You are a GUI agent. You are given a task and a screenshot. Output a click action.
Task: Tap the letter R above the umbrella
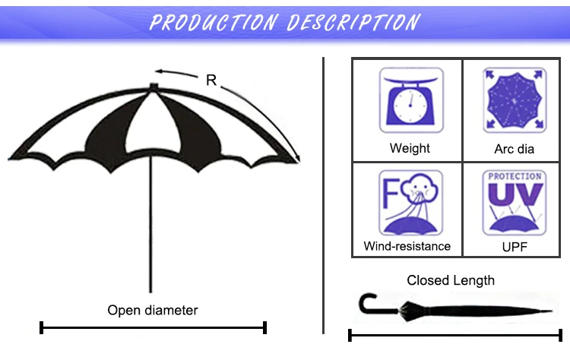pos(211,80)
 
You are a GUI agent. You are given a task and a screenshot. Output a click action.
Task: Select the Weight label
pos(409,148)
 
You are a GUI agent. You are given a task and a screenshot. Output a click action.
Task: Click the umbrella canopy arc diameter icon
pos(515,100)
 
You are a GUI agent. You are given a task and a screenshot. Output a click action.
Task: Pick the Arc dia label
pos(515,149)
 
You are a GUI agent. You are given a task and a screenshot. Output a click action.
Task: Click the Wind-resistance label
pos(407,246)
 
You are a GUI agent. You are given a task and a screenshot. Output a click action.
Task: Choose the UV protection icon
pos(515,203)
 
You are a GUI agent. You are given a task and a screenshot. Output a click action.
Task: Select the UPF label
pos(515,246)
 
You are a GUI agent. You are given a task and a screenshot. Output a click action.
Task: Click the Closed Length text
pos(451,280)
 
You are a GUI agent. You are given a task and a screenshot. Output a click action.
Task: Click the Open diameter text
pos(152,310)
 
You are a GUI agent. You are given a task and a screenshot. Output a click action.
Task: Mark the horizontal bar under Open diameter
pos(153,328)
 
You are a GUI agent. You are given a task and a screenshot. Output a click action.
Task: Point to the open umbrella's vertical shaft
pos(151,228)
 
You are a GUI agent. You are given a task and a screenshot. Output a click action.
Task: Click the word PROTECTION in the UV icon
pos(515,176)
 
